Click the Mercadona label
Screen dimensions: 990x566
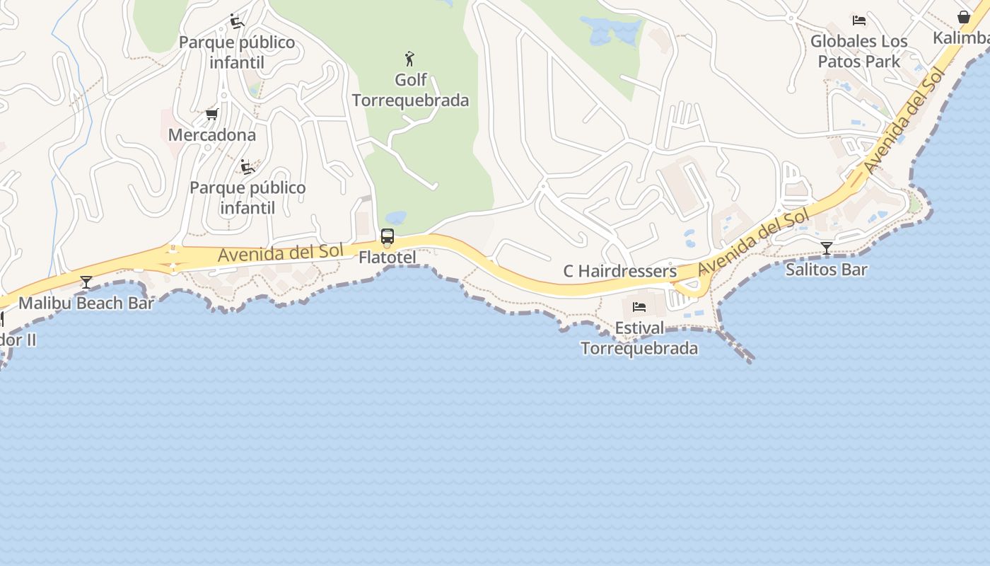click(212, 134)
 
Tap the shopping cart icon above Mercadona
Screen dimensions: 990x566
click(211, 114)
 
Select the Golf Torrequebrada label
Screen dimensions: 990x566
click(410, 90)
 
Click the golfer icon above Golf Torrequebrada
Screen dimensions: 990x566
click(409, 58)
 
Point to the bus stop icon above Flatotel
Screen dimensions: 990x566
click(387, 236)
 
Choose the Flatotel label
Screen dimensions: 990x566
click(387, 257)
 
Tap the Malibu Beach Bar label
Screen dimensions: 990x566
click(86, 304)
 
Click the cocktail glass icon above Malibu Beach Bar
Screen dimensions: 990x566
click(86, 282)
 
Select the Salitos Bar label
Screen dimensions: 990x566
click(826, 270)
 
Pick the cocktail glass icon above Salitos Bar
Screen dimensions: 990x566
click(826, 248)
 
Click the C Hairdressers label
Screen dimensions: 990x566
click(619, 271)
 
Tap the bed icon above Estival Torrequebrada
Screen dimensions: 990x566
click(639, 307)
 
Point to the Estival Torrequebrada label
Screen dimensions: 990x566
click(639, 338)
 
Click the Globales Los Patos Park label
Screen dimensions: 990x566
click(858, 52)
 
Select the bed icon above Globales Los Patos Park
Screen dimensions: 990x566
click(859, 20)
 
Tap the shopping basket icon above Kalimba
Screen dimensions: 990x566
click(964, 17)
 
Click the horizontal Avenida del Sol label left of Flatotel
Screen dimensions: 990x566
click(281, 253)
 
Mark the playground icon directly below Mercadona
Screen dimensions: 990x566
click(247, 167)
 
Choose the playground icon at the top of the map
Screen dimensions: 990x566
click(237, 21)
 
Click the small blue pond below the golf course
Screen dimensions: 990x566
click(395, 217)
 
